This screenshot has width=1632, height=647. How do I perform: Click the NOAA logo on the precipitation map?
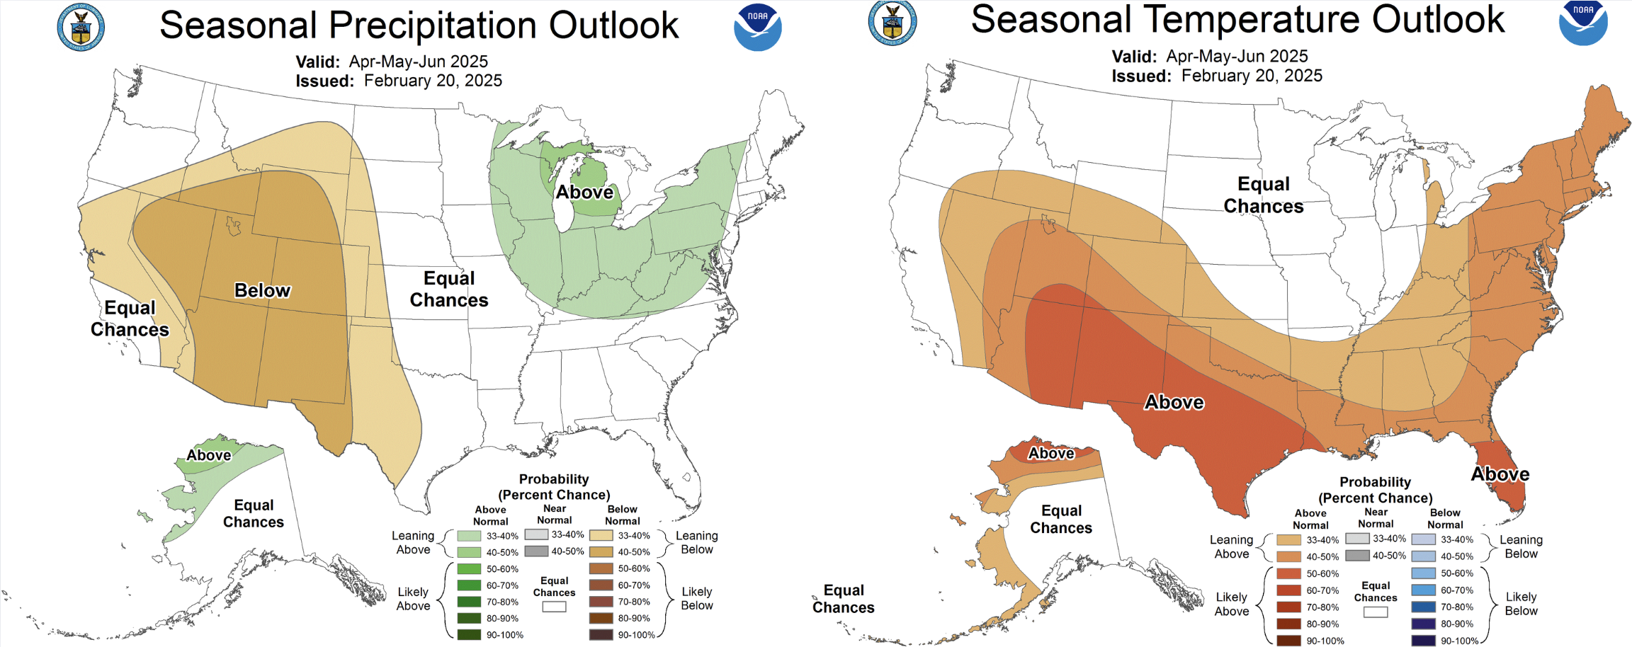757,28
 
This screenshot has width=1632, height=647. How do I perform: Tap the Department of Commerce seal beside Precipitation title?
81,28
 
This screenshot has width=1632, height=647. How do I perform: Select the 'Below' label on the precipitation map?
262,291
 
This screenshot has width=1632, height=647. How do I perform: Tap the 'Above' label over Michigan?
584,193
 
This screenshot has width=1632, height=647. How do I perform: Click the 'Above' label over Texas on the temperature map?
1174,403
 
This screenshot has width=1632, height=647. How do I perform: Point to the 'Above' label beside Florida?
1500,474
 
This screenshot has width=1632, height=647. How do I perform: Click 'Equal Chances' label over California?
130,319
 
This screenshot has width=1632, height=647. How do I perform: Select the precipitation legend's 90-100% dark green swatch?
469,634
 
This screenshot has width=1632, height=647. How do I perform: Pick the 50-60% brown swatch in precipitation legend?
601,568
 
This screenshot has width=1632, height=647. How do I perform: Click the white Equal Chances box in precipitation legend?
554,607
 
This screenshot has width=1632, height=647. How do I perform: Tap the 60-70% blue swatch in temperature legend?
1423,590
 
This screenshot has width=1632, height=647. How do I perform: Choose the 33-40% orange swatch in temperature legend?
1288,539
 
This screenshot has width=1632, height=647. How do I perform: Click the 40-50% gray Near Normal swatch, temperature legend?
1357,556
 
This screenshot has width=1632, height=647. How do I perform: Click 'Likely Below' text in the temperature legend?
1521,604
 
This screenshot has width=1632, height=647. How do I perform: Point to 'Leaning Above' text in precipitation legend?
413,542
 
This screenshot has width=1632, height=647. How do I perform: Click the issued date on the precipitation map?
433,81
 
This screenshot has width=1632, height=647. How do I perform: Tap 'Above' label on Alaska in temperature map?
1051,454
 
